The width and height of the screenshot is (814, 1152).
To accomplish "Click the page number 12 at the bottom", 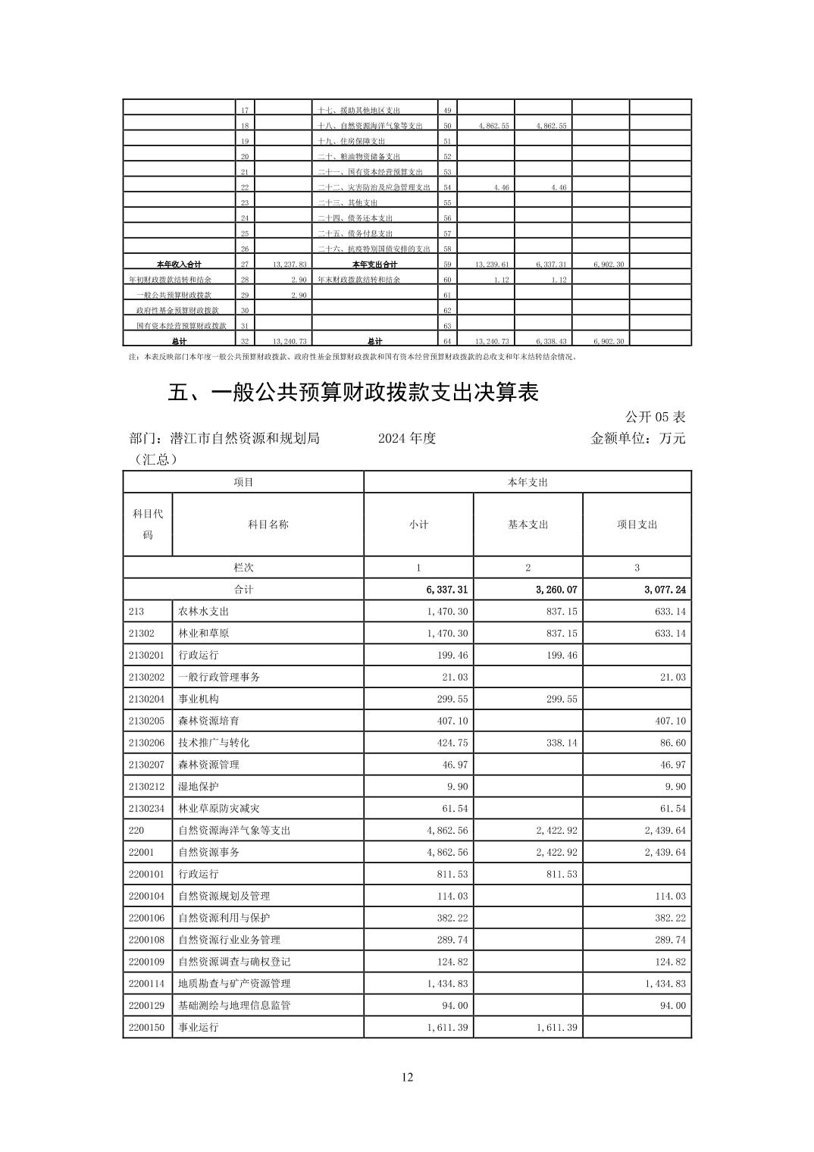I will (407, 1078).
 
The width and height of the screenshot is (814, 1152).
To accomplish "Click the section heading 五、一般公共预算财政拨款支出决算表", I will (352, 393).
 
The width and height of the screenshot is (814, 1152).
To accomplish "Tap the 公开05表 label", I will (655, 417).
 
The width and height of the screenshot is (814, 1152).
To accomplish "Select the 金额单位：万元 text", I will (637, 438).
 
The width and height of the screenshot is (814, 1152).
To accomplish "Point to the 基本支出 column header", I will (528, 524).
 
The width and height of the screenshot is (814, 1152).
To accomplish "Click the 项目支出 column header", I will (637, 524).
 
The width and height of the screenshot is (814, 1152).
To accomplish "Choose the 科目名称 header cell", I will (268, 524).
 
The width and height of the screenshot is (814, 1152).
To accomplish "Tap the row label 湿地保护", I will (199, 787).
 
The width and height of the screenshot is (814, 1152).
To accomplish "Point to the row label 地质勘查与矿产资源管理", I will (234, 984).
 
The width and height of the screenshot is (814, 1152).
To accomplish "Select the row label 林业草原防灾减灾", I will (219, 809).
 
